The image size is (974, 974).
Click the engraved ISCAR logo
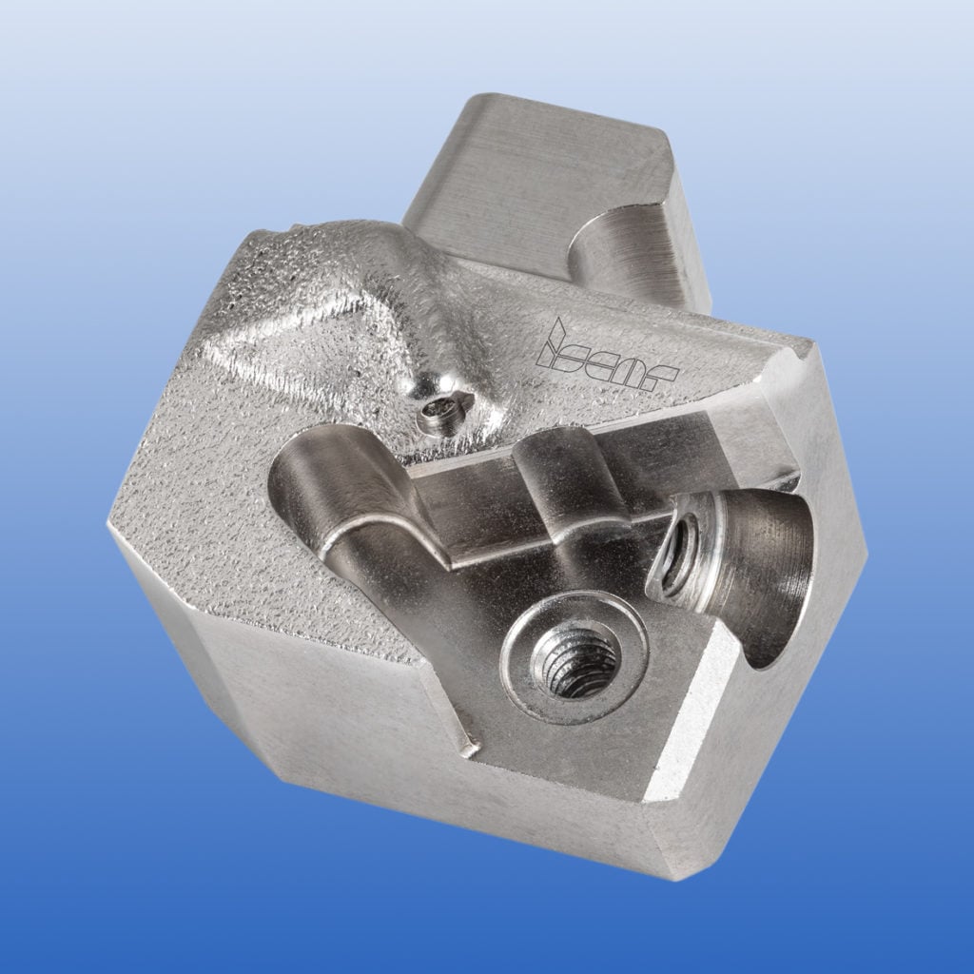click(x=605, y=357)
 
